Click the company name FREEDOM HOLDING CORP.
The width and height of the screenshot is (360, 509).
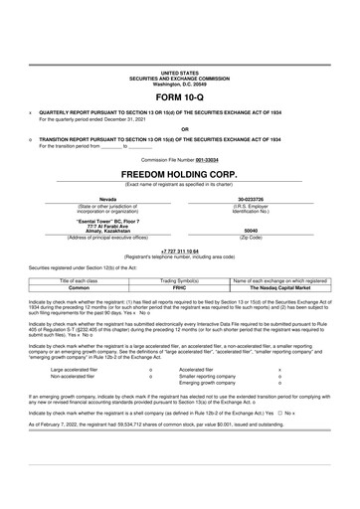(x=179, y=172)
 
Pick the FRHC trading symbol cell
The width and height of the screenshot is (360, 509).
(x=179, y=287)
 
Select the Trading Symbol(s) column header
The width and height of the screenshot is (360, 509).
(x=179, y=280)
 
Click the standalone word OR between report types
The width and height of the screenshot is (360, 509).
(x=179, y=127)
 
